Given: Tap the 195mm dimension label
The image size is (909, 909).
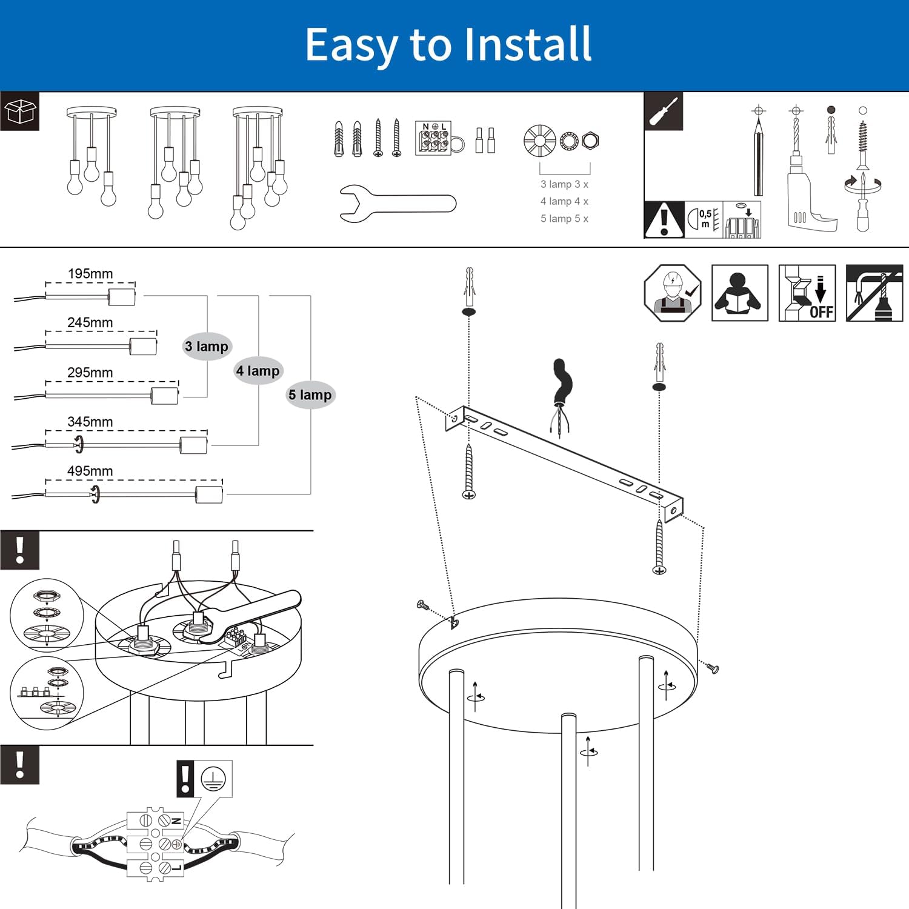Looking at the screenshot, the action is pos(90,274).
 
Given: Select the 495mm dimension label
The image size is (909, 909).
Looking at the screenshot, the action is pos(90,471).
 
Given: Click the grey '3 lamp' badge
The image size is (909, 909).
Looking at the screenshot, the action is pos(207,347).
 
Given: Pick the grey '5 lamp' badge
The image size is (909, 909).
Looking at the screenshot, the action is pos(310,395).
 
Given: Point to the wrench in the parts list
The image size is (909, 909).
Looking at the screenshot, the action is pos(398,203).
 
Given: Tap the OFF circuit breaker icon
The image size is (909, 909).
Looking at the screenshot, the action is pos(807,293).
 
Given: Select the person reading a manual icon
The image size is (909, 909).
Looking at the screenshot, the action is pos(740,293).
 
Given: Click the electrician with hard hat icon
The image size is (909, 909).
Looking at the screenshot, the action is pos(673,293).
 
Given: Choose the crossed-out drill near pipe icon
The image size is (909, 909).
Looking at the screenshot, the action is pos(874,293).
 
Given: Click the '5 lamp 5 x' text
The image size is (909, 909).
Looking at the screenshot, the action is pos(564,219).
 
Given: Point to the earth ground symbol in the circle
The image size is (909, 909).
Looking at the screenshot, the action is pos(213,778).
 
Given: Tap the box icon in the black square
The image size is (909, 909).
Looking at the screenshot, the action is pos(20,112).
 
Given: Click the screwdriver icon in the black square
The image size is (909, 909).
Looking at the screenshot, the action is pos(664,112).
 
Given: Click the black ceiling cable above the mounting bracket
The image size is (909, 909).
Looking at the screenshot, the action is pos(562,382).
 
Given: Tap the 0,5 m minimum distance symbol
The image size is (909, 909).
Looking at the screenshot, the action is pos(704,219).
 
